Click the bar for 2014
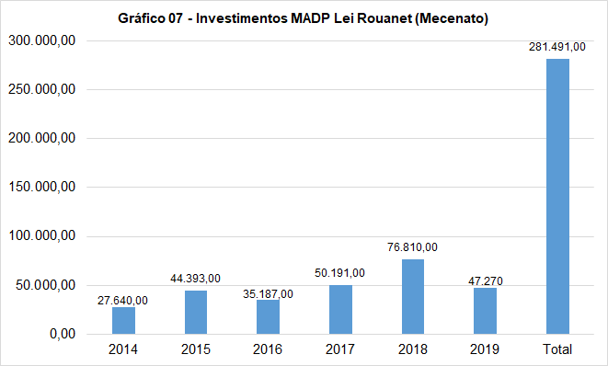[123, 320]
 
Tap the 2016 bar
[268, 316]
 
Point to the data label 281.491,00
[557, 47]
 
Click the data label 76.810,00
[413, 247]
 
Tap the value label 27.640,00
[123, 300]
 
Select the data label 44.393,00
[196, 279]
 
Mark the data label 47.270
[485, 280]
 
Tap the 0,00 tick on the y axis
[63, 334]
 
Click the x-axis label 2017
[340, 350]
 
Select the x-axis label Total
[557, 350]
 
